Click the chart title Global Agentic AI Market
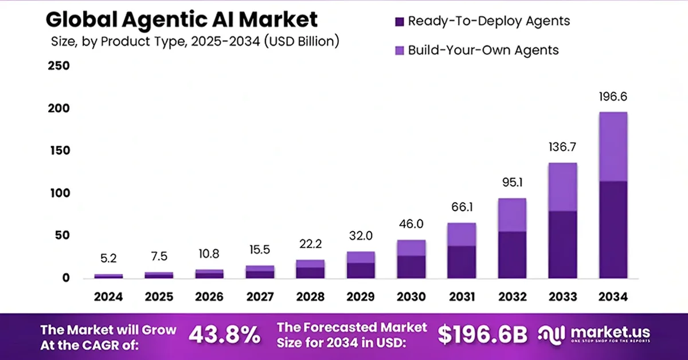click(x=181, y=19)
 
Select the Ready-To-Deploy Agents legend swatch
click(x=400, y=22)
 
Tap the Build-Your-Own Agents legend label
click(x=483, y=50)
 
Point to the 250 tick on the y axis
click(x=58, y=66)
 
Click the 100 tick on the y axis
click(x=58, y=193)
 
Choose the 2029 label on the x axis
click(x=361, y=297)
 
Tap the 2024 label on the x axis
click(x=108, y=297)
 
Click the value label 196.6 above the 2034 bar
click(x=613, y=96)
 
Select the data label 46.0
click(x=411, y=225)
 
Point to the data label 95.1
click(x=512, y=184)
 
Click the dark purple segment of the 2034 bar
click(x=613, y=229)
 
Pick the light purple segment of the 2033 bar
click(x=562, y=187)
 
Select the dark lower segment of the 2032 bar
click(x=512, y=255)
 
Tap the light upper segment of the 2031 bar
click(x=462, y=234)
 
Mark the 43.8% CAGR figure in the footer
click(x=224, y=335)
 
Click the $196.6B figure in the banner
click(x=482, y=335)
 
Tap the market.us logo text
click(x=609, y=332)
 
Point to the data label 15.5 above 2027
click(x=260, y=251)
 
